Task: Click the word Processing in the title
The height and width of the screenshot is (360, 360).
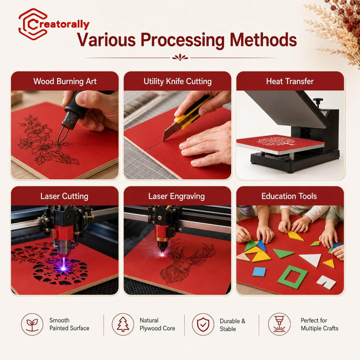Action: [182, 40]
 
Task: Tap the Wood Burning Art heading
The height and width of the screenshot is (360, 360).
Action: [65, 81]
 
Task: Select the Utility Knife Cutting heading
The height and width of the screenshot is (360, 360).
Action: [177, 81]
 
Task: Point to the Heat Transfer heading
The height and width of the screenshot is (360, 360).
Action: [290, 81]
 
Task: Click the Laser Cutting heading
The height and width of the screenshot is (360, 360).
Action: [64, 196]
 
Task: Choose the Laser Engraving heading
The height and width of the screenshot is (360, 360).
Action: [176, 196]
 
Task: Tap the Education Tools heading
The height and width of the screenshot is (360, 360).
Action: [289, 196]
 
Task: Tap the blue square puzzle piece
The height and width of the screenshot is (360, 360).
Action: [259, 272]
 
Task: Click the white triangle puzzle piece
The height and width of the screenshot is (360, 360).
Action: [311, 259]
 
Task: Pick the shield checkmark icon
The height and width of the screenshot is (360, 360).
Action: [203, 324]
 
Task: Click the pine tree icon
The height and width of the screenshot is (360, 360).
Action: [123, 324]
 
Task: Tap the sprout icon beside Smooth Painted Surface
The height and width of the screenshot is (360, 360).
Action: [32, 324]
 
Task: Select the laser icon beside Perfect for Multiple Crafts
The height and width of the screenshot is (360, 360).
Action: [279, 324]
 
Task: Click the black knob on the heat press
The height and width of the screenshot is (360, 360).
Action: [318, 100]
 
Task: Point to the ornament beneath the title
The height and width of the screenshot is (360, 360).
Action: [180, 57]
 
